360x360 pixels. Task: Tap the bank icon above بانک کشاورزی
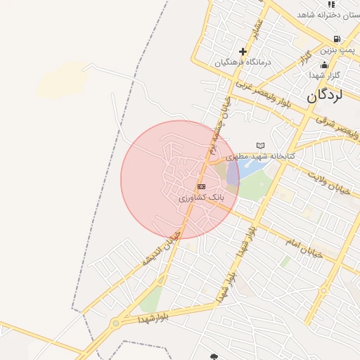tap(202, 186)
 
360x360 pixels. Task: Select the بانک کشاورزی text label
tap(201, 198)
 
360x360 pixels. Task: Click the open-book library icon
tap(261, 146)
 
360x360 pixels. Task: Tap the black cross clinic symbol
tap(243, 51)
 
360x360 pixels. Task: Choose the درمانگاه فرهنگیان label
tap(243, 62)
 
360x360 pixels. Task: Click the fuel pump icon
tap(337, 39)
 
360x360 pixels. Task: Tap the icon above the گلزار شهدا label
tap(324, 65)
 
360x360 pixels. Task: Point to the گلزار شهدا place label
tap(325, 75)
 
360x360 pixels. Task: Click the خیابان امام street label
tap(302, 247)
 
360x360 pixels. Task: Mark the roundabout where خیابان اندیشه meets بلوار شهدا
tap(115, 324)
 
